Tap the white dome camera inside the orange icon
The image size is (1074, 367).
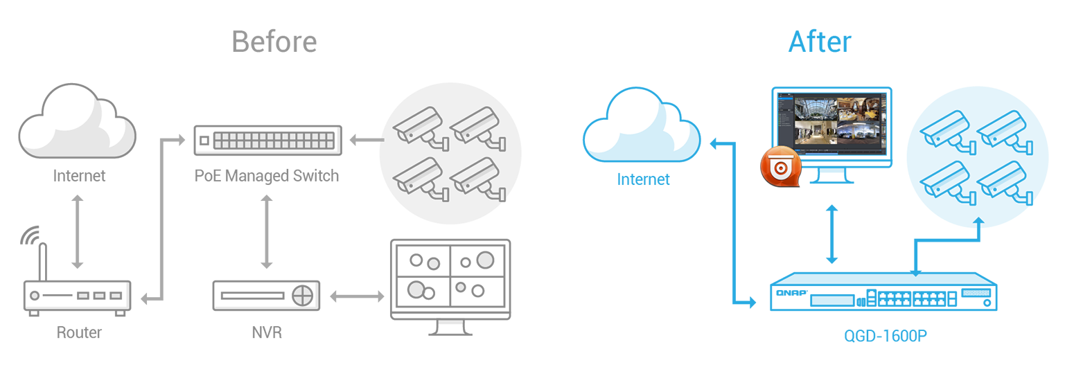[x=781, y=167]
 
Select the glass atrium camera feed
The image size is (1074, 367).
[x=814, y=108]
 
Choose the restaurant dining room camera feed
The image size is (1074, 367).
[x=859, y=108]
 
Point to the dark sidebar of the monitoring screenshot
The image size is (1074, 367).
[x=786, y=121]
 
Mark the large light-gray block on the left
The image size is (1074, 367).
[x=229, y=232]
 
